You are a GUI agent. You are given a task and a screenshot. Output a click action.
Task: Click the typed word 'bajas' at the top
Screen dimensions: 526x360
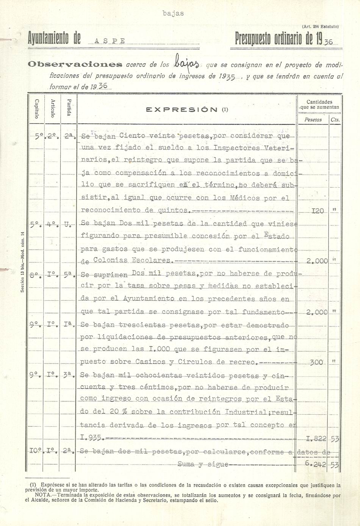click(x=173, y=13)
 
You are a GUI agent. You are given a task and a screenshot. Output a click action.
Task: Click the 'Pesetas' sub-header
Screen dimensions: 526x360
click(x=313, y=120)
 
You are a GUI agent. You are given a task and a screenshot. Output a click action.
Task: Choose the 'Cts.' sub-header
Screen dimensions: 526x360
click(x=335, y=120)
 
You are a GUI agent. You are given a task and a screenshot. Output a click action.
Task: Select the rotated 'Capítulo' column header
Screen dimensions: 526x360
click(x=37, y=108)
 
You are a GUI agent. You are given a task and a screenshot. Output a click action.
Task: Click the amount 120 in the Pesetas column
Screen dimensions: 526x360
click(x=317, y=211)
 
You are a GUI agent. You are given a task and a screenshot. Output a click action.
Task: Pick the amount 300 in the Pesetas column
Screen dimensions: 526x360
click(x=316, y=362)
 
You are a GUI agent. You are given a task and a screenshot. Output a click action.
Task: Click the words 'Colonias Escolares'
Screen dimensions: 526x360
click(x=132, y=260)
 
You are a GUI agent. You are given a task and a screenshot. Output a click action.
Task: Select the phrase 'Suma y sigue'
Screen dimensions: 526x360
click(x=203, y=464)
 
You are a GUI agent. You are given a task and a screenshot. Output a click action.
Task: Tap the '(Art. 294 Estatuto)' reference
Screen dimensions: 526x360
click(x=320, y=27)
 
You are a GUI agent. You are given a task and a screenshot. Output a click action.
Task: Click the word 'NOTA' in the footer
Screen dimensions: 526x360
click(x=42, y=495)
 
